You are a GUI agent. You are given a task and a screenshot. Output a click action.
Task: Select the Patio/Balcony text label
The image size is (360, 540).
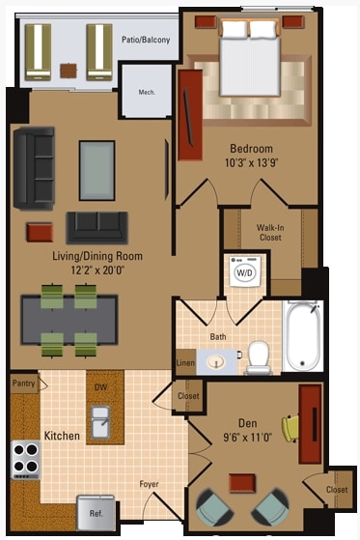[x=143, y=40]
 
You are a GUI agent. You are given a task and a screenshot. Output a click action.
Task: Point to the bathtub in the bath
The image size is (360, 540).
[x=303, y=337]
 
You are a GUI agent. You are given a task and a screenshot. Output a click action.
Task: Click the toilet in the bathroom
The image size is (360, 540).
[x=258, y=356]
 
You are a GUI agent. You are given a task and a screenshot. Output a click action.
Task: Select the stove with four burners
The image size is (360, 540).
[x=25, y=460]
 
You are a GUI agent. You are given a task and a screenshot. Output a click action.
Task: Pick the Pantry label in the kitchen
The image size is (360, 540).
[x=24, y=384]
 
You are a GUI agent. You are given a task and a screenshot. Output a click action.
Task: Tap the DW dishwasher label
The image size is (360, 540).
[x=100, y=386]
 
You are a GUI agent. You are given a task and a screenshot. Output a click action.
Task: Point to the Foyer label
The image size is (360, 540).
[x=149, y=484]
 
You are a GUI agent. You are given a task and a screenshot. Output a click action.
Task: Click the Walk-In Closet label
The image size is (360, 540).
[x=269, y=232]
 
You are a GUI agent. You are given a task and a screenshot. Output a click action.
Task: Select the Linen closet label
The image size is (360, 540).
[x=185, y=363]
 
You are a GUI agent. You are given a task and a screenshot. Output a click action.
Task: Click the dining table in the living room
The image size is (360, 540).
[x=69, y=318]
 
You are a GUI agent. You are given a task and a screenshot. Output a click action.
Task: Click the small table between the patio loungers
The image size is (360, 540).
[x=68, y=70]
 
